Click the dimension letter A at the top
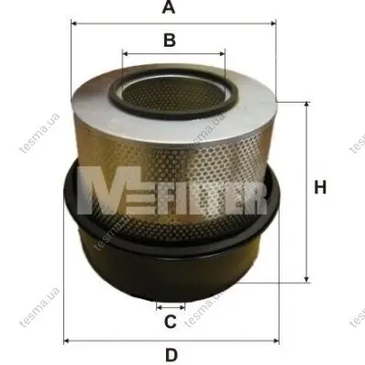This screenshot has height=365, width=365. [169, 6]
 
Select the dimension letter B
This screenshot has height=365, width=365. [170, 40]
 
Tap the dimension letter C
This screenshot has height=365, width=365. [171, 321]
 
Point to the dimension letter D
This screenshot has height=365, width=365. [171, 355]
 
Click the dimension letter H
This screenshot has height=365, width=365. [320, 187]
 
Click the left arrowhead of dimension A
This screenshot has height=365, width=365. [73, 23]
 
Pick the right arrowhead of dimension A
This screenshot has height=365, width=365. [273, 23]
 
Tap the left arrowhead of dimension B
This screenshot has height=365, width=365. [125, 54]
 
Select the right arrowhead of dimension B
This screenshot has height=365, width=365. [222, 54]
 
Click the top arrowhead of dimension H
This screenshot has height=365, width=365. [306, 105]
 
